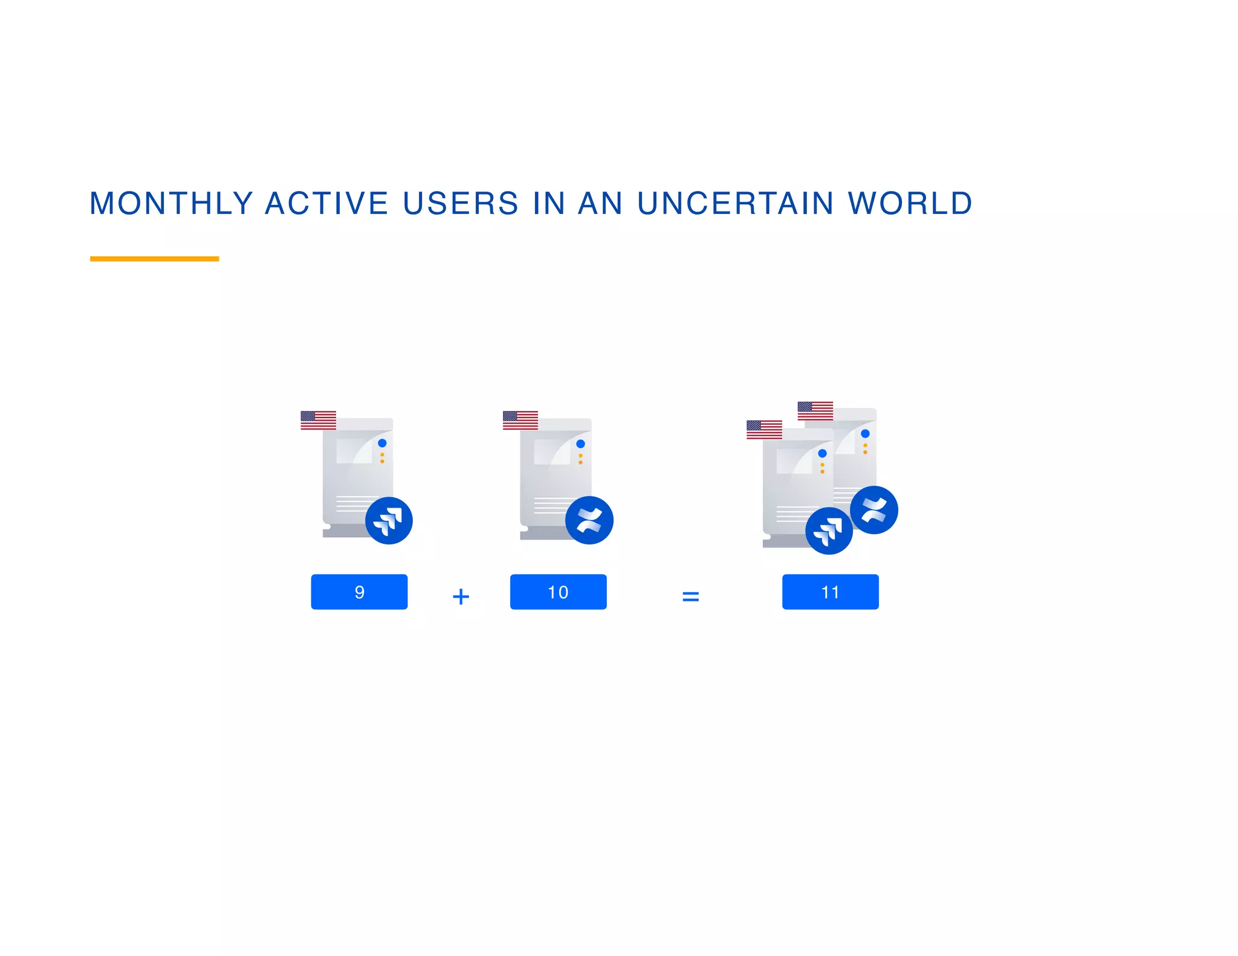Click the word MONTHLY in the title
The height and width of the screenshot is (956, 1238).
click(x=171, y=203)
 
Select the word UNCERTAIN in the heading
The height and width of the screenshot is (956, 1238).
click(x=736, y=203)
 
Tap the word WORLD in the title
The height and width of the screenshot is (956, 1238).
click(x=910, y=203)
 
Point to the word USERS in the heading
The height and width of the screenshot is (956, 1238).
click(x=461, y=203)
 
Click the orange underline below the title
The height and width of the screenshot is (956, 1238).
click(x=154, y=259)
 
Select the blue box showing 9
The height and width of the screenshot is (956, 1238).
click(x=359, y=592)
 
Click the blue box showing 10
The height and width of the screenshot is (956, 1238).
click(x=558, y=592)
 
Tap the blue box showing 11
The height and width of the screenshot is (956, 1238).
click(x=830, y=592)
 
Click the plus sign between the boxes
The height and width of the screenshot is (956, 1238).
click(x=461, y=596)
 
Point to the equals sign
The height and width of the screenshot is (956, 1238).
click(x=690, y=596)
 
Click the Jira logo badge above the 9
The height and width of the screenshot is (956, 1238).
click(x=389, y=520)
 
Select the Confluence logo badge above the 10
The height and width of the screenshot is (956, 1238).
click(x=589, y=520)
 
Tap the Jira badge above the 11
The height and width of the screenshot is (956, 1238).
click(x=829, y=531)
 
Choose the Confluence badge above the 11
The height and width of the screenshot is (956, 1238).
click(x=873, y=510)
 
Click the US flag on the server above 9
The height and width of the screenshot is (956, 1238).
click(x=318, y=420)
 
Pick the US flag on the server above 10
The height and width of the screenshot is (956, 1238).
click(x=520, y=420)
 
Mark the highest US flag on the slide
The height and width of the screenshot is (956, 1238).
click(x=815, y=410)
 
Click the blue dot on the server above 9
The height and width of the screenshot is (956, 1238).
click(x=382, y=443)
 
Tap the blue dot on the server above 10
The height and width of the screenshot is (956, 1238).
click(x=580, y=444)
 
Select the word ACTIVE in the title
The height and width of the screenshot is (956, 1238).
click(x=326, y=203)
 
